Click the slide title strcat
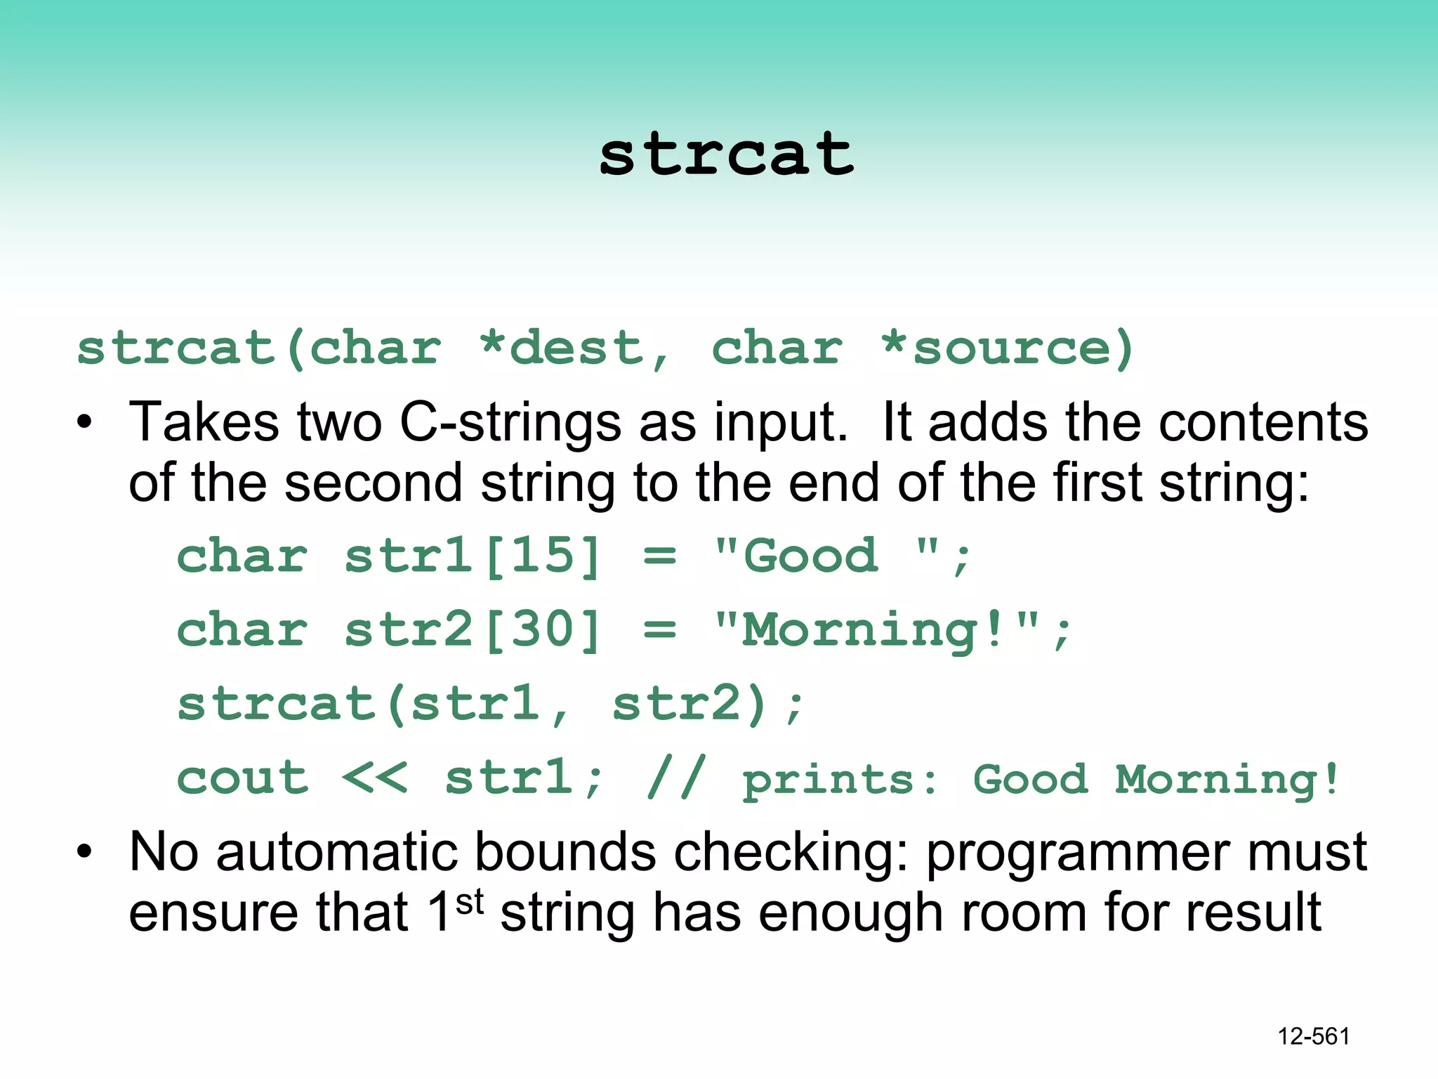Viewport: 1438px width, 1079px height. pyautogui.click(x=726, y=154)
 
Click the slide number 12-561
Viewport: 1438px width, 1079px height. pyautogui.click(x=1314, y=1036)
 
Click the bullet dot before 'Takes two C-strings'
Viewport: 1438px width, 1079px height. pyautogui.click(x=85, y=423)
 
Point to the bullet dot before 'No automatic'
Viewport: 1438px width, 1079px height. pyautogui.click(x=85, y=852)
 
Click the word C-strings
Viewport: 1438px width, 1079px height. pyautogui.click(x=510, y=423)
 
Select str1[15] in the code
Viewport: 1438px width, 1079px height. pyautogui.click(x=473, y=556)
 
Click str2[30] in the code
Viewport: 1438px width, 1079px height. pyautogui.click(x=473, y=629)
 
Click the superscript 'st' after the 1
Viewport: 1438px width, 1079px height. pyautogui.click(x=469, y=901)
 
